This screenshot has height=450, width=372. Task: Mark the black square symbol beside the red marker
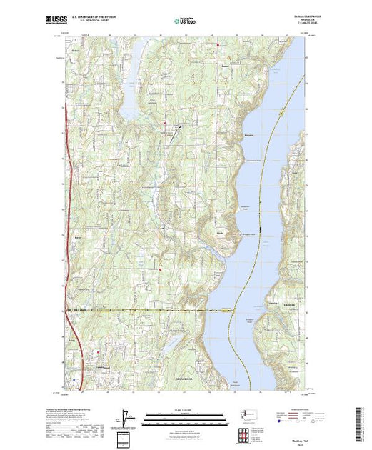point(179,128)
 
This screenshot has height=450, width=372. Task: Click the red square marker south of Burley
point(161,269)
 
